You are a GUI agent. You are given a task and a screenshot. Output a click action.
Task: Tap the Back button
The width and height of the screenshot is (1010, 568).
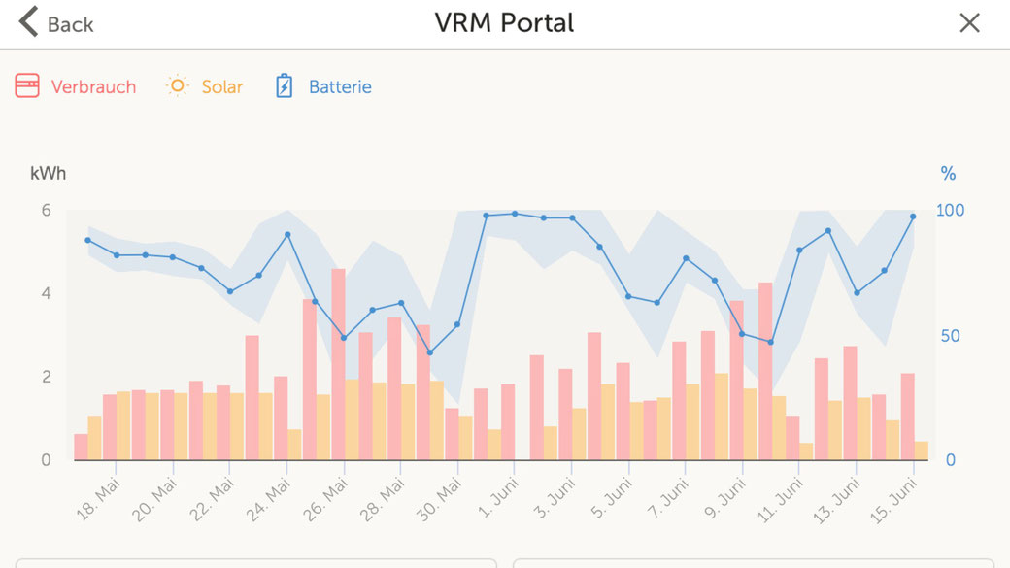pos(56,23)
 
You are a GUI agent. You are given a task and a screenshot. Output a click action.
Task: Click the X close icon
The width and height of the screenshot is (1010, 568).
pos(969,23)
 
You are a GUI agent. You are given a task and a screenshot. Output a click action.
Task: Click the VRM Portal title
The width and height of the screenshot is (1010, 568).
pos(504,23)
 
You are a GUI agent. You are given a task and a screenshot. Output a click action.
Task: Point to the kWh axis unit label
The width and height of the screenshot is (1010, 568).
pos(49,174)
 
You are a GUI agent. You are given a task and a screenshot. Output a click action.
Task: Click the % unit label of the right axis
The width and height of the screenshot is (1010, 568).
pos(948,174)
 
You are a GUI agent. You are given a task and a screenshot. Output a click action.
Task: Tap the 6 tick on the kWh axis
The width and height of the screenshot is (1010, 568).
pos(45,211)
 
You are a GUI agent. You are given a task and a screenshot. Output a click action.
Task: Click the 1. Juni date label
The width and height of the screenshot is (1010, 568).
pos(497,498)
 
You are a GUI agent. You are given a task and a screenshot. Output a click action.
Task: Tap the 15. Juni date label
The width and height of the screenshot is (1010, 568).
pos(893,498)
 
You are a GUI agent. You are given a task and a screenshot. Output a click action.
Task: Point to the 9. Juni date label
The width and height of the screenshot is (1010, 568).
pos(724,498)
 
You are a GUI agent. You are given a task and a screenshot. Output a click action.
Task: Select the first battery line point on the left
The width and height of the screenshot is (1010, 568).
pos(87,240)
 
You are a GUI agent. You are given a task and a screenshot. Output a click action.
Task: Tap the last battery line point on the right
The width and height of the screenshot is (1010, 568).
pos(913,217)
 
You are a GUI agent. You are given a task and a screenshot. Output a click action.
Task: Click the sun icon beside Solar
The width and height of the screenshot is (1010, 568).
pos(177,85)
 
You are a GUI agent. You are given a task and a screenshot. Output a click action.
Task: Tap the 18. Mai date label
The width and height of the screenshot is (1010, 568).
pos(98,498)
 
